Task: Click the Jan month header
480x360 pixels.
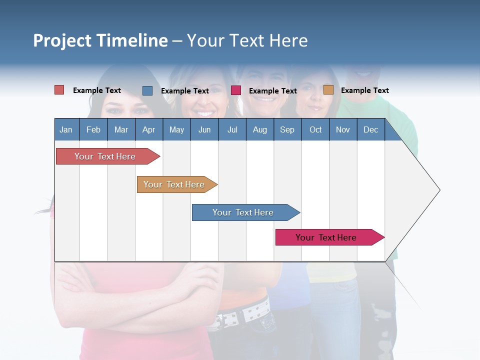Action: pyautogui.click(x=66, y=129)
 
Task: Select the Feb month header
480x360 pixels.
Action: pyautogui.click(x=93, y=129)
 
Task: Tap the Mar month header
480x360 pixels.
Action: pyautogui.click(x=121, y=129)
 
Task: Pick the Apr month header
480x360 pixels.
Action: pyautogui.click(x=149, y=129)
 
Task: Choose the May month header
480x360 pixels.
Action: pyautogui.click(x=176, y=129)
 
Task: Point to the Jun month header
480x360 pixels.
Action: pyautogui.click(x=204, y=129)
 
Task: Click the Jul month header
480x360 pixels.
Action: pyautogui.click(x=232, y=129)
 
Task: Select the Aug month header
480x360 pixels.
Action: pyautogui.click(x=260, y=129)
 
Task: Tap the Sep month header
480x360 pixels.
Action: pyautogui.click(x=287, y=129)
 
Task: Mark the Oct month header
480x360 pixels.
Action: pyautogui.click(x=315, y=129)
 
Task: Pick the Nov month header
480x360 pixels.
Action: pyautogui.click(x=343, y=129)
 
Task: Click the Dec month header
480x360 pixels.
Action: pyautogui.click(x=371, y=129)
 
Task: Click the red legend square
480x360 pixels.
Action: pyautogui.click(x=59, y=90)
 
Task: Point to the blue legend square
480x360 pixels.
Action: pyautogui.click(x=147, y=90)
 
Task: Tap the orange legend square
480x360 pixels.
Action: pyautogui.click(x=328, y=90)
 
